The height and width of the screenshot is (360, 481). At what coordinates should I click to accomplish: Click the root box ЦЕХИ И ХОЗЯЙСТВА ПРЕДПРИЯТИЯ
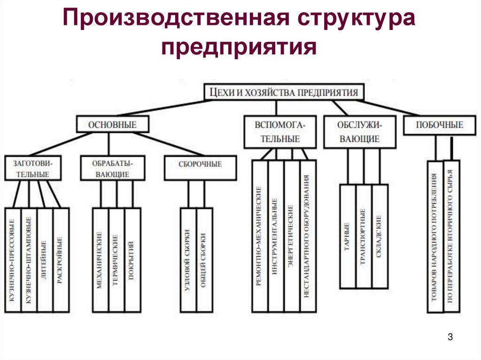point(284,92)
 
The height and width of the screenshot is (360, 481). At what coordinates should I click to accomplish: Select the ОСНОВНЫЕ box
point(112,124)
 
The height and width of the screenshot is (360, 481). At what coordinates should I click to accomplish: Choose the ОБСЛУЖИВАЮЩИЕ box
point(358,132)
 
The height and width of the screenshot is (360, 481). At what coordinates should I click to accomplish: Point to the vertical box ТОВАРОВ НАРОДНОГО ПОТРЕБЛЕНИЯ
point(435,237)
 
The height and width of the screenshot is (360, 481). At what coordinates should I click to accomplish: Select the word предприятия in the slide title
point(239,47)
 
